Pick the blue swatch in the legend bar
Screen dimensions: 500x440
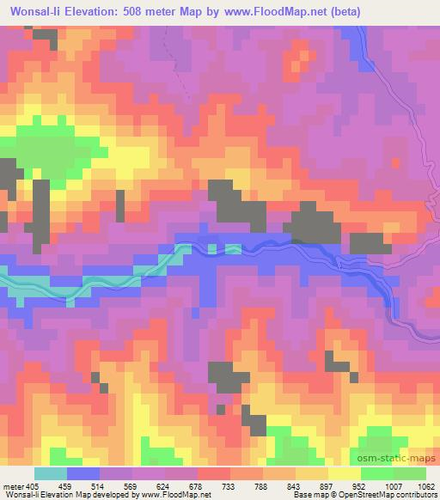[82, 473]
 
